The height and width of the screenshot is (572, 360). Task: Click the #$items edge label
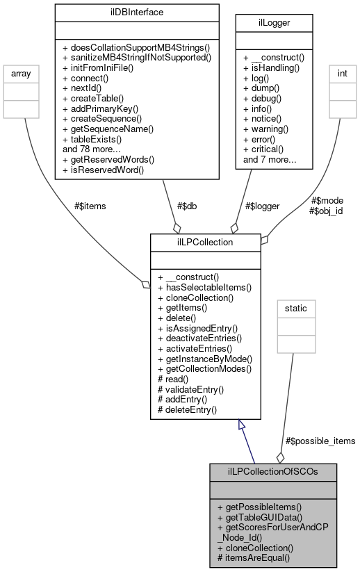coord(90,205)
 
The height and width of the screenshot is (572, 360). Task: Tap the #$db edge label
coord(189,206)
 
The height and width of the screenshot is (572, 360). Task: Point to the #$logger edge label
coord(263,206)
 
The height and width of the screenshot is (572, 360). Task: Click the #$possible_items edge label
coord(320,441)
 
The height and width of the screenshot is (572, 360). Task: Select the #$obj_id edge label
coord(326,211)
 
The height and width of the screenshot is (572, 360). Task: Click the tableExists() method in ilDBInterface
coord(92,139)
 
